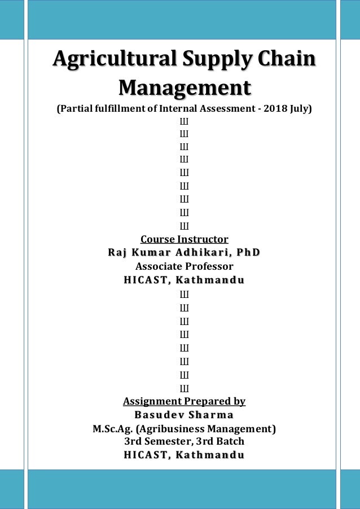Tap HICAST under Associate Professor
(145, 280)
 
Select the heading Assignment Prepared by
(184, 401)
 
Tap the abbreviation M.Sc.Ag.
(113, 429)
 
